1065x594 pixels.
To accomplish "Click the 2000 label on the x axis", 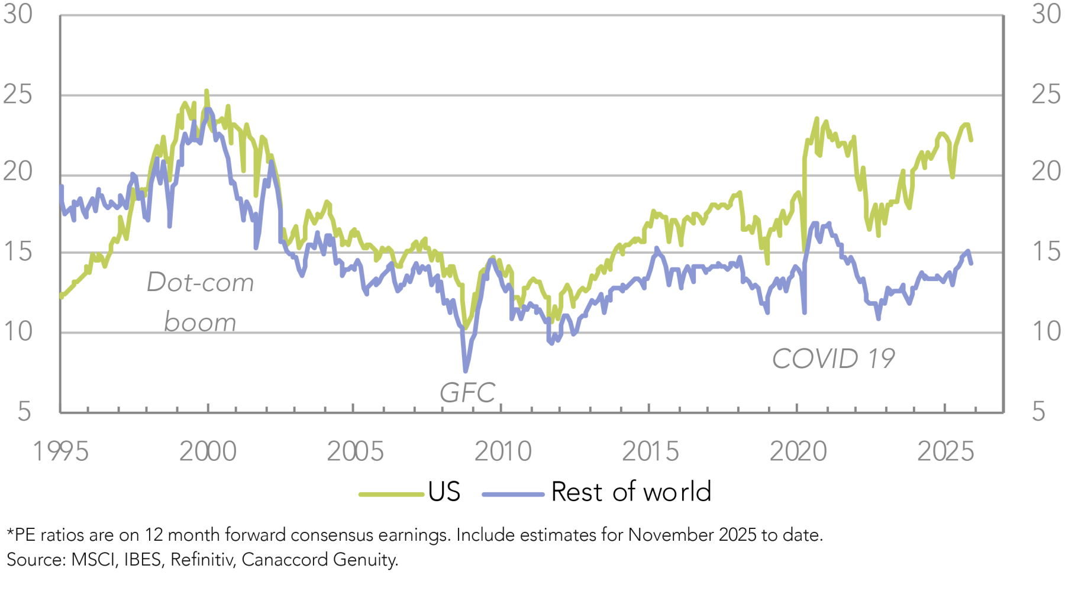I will pos(208,451).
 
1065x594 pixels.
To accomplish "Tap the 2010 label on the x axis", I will pos(503,451).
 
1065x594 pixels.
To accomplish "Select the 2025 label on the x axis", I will pos(945,451).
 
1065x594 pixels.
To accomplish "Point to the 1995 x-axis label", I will pos(60,451).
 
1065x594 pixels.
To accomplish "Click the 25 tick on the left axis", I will pos(18,95).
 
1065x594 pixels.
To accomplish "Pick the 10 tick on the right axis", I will pos(1046,332).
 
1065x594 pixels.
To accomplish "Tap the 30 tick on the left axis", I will pos(18,14).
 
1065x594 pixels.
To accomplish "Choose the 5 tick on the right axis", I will pos(1039,412).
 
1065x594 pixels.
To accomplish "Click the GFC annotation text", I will pos(467,393).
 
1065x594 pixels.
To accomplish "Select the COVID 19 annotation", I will pos(833,359).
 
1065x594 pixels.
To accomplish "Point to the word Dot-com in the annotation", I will pos(200,282).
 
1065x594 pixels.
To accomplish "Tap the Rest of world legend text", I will pos(631,492).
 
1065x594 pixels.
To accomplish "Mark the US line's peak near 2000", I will pos(206,91).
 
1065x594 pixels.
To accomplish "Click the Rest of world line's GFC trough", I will pos(466,372).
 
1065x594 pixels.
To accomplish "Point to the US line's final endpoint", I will pos(971,140).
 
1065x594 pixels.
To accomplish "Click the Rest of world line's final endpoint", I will pos(971,263).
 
